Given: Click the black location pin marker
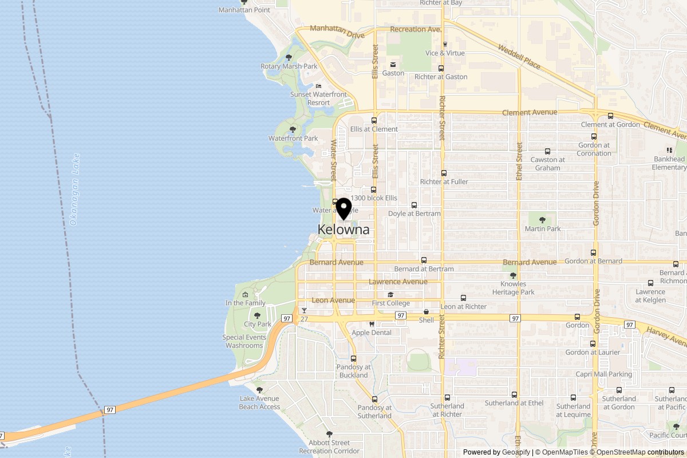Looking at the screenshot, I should [343, 208].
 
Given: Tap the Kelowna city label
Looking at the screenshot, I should [343, 230].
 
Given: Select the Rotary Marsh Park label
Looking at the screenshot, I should [289, 66].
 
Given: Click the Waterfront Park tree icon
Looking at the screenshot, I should [293, 130].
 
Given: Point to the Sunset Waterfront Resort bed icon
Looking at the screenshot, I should [319, 86].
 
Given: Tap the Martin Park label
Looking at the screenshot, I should [543, 229].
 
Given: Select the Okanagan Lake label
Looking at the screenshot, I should [74, 189].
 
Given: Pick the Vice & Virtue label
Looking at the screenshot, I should [445, 53].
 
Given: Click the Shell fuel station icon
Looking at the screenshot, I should [426, 312].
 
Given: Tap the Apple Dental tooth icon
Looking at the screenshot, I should [372, 324].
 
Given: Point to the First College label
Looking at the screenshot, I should [390, 303].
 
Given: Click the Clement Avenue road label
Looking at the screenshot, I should [530, 113].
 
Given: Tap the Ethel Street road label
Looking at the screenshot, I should [519, 161].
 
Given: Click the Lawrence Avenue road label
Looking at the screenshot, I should [398, 282].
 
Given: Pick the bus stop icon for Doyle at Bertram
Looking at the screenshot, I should [414, 205].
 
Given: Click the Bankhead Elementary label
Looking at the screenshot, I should [669, 163].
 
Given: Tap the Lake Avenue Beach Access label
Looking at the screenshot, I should [259, 402].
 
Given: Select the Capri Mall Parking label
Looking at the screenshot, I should [604, 374].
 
